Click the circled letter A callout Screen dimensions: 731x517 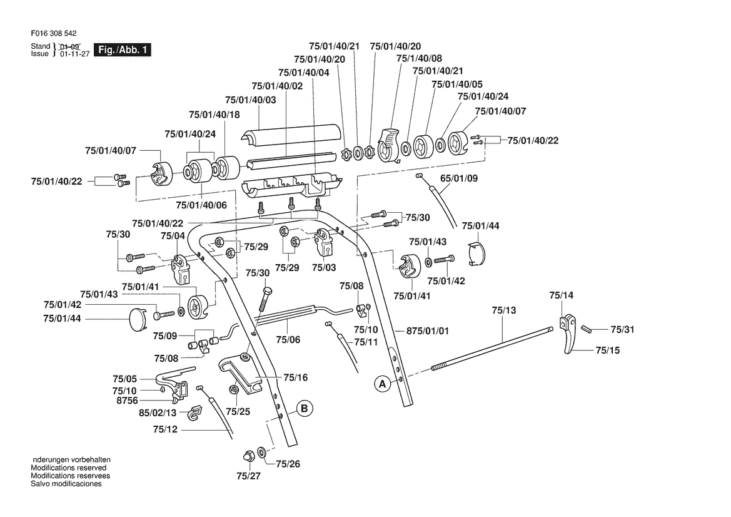click(383, 384)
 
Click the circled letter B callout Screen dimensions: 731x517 click(304, 409)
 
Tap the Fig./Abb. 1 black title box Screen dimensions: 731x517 click(123, 50)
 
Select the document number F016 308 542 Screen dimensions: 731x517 click(54, 34)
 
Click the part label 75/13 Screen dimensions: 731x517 click(504, 310)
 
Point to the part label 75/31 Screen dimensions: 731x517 click(622, 329)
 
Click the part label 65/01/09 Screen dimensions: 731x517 click(459, 178)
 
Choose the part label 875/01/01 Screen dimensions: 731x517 click(428, 331)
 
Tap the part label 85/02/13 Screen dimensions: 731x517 click(158, 413)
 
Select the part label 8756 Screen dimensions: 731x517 click(128, 401)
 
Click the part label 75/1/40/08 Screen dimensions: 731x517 click(419, 58)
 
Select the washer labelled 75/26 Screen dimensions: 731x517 click(261, 452)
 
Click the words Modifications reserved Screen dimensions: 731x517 click(69, 468)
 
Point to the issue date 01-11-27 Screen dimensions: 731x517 click(74, 54)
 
